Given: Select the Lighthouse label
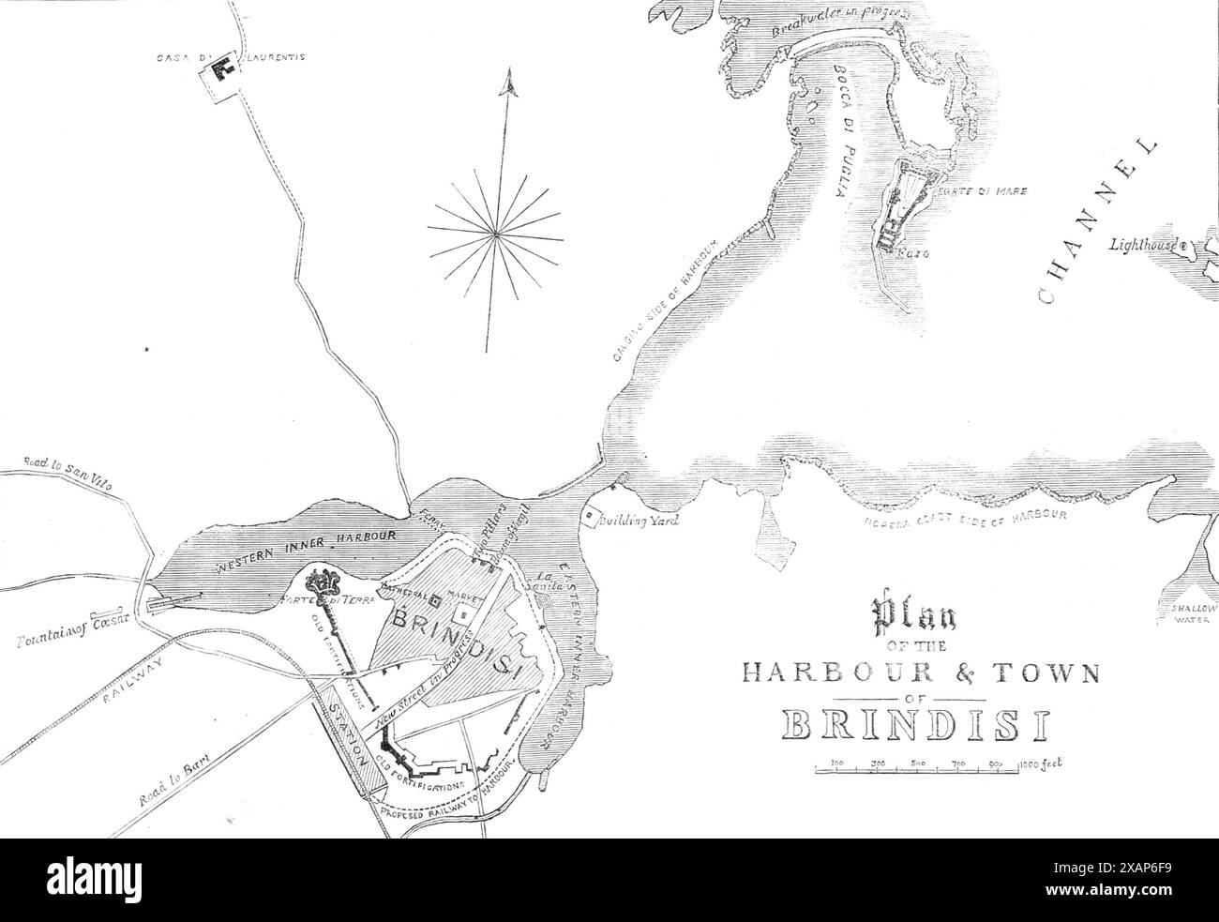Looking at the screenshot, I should click(x=1145, y=246).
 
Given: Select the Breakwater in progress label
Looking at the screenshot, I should click(x=829, y=18).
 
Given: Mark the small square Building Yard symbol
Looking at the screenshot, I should click(x=591, y=516).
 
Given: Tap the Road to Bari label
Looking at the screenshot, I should click(x=173, y=779).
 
